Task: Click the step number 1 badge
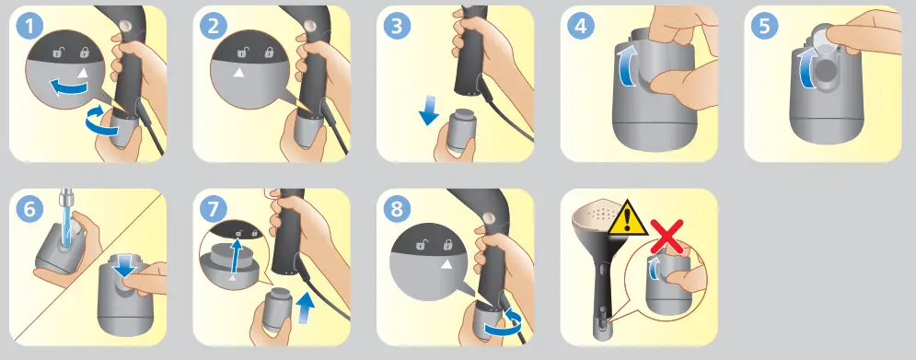[30, 27]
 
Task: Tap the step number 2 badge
[214, 27]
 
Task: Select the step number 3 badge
[398, 27]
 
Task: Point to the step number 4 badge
[581, 27]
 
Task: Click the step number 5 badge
[765, 27]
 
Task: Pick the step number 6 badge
[30, 209]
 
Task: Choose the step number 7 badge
[214, 209]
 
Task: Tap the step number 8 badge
[398, 209]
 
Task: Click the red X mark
[667, 235]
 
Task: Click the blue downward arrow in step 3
[429, 113]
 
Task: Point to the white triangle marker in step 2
[238, 73]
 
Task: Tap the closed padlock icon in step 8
[448, 244]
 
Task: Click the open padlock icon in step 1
[57, 52]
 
